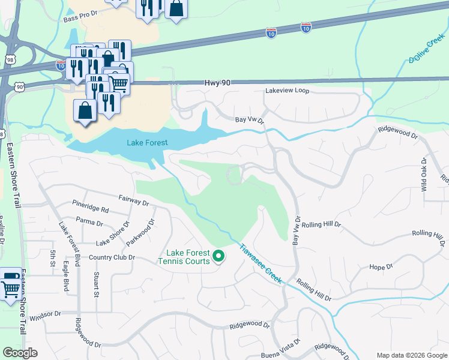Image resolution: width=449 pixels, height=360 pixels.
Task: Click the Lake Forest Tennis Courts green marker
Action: point(219,257)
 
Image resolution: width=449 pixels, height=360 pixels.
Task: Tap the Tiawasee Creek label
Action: point(261,263)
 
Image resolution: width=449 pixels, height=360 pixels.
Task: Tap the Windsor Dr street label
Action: point(45,314)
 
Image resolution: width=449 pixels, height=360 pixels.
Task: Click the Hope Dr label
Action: point(381,267)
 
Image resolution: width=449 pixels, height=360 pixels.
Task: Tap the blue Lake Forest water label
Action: point(147,143)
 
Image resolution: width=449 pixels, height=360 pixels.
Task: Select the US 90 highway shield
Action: point(20,87)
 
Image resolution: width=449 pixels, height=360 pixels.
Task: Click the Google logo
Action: point(19,353)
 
